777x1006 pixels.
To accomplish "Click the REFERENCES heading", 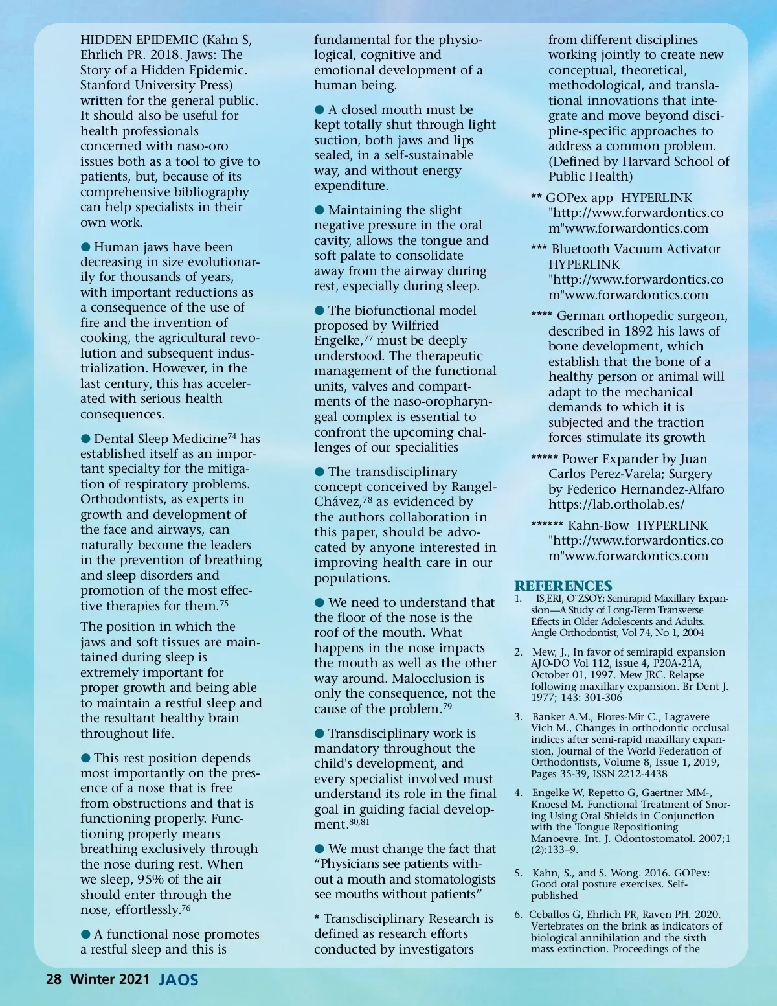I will pyautogui.click(x=563, y=586).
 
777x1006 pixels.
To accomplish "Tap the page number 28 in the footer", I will pyautogui.click(x=54, y=979).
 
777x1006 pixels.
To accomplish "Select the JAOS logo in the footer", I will pyautogui.click(x=179, y=979).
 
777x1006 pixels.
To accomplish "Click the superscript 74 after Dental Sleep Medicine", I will pyautogui.click(x=232, y=437).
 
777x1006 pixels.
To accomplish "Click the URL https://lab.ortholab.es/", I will pyautogui.click(x=616, y=505).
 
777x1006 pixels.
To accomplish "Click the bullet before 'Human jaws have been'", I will pyautogui.click(x=85, y=247).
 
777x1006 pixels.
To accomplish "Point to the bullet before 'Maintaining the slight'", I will pyautogui.click(x=319, y=210).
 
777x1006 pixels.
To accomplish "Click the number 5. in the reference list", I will pyautogui.click(x=519, y=873).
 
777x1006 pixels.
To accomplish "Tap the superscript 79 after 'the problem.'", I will pyautogui.click(x=447, y=706).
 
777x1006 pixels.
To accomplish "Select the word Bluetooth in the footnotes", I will pyautogui.click(x=582, y=249).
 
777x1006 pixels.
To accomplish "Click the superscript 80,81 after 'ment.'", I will pyautogui.click(x=359, y=821).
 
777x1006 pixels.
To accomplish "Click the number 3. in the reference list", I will pyautogui.click(x=519, y=716).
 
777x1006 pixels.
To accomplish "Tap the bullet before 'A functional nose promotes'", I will pyautogui.click(x=85, y=934).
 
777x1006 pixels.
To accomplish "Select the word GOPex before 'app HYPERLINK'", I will pyautogui.click(x=567, y=198).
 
